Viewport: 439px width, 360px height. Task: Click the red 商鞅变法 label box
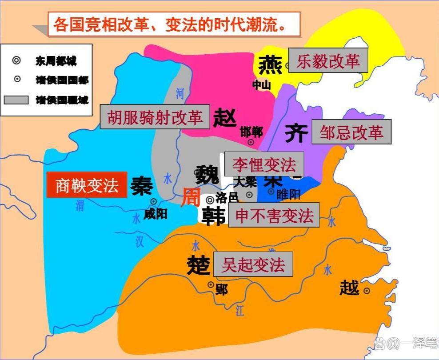87,185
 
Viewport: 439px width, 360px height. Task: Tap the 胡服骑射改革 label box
155,117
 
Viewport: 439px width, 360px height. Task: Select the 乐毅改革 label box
328,60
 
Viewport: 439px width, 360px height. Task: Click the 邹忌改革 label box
351,132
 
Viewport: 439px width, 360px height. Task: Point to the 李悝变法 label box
264,164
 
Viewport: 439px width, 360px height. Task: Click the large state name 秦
142,186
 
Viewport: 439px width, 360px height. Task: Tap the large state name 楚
198,265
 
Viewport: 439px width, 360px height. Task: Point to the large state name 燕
270,65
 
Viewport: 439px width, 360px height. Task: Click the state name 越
349,288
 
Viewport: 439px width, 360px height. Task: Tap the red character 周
190,196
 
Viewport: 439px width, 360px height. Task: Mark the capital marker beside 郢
211,284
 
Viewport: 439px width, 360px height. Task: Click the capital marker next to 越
367,291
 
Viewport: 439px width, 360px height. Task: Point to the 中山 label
261,84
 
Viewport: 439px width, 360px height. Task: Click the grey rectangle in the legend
16,100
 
